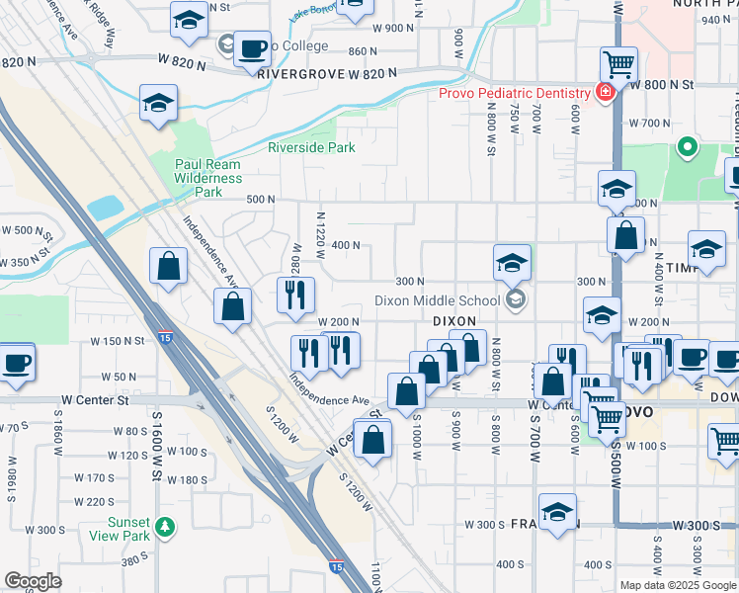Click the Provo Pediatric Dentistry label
point(515,93)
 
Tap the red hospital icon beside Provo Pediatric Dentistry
point(603,93)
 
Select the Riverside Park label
point(311,148)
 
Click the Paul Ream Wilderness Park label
point(207,178)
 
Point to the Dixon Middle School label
point(437,300)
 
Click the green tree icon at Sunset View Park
point(164,529)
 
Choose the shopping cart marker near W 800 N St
point(618,65)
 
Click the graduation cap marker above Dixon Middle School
point(513,263)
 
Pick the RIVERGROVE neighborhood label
point(291,73)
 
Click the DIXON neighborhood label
point(454,322)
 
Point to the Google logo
point(33,580)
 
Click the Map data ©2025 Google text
point(678,585)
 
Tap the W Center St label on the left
point(95,400)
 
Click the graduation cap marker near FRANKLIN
point(558,511)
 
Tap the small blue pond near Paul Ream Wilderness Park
point(105,208)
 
